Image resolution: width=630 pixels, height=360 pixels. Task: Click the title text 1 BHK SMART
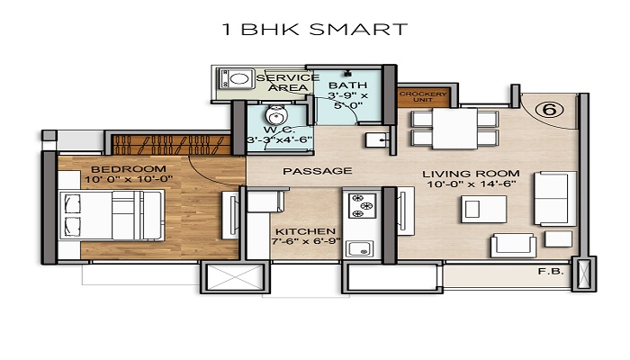[314, 30]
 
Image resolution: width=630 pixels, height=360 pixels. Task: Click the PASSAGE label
[304, 171]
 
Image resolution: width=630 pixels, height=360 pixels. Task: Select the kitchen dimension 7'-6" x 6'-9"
[306, 242]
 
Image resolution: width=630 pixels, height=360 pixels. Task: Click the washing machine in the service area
[238, 80]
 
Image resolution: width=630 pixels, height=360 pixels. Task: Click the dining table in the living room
[454, 128]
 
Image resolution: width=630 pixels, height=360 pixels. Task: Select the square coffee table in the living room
[476, 208]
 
